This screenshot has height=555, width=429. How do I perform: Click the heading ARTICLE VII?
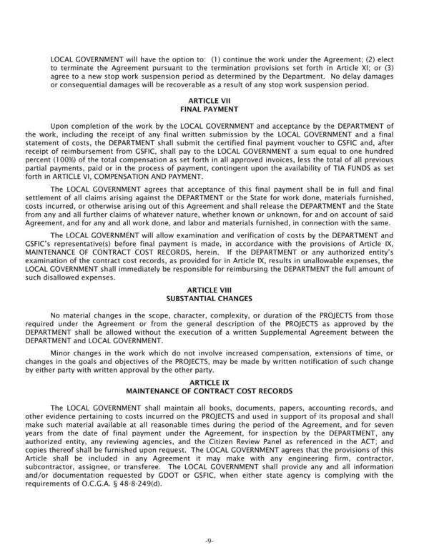(x=214, y=102)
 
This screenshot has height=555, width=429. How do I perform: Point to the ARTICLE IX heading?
(x=214, y=383)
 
